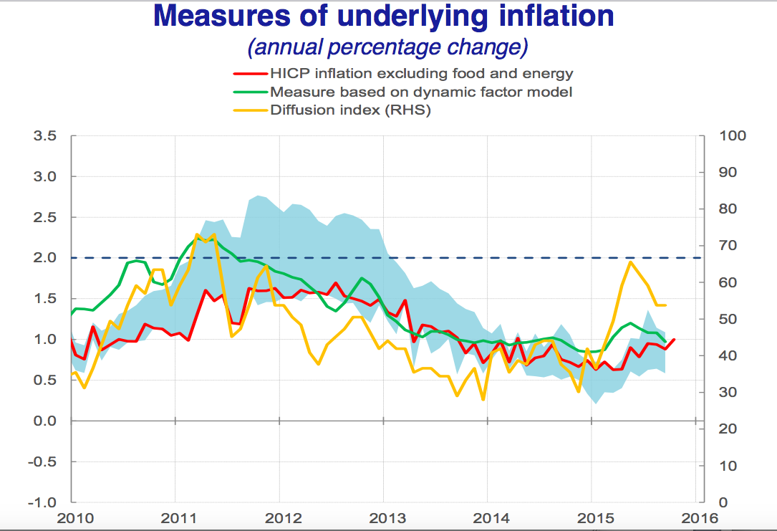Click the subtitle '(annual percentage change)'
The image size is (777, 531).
click(x=387, y=47)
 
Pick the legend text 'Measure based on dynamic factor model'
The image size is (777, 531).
click(x=420, y=92)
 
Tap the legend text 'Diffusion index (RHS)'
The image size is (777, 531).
click(x=350, y=110)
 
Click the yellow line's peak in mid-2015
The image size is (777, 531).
click(x=630, y=262)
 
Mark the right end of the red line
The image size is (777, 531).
click(x=674, y=340)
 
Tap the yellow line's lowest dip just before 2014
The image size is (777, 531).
click(x=483, y=399)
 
